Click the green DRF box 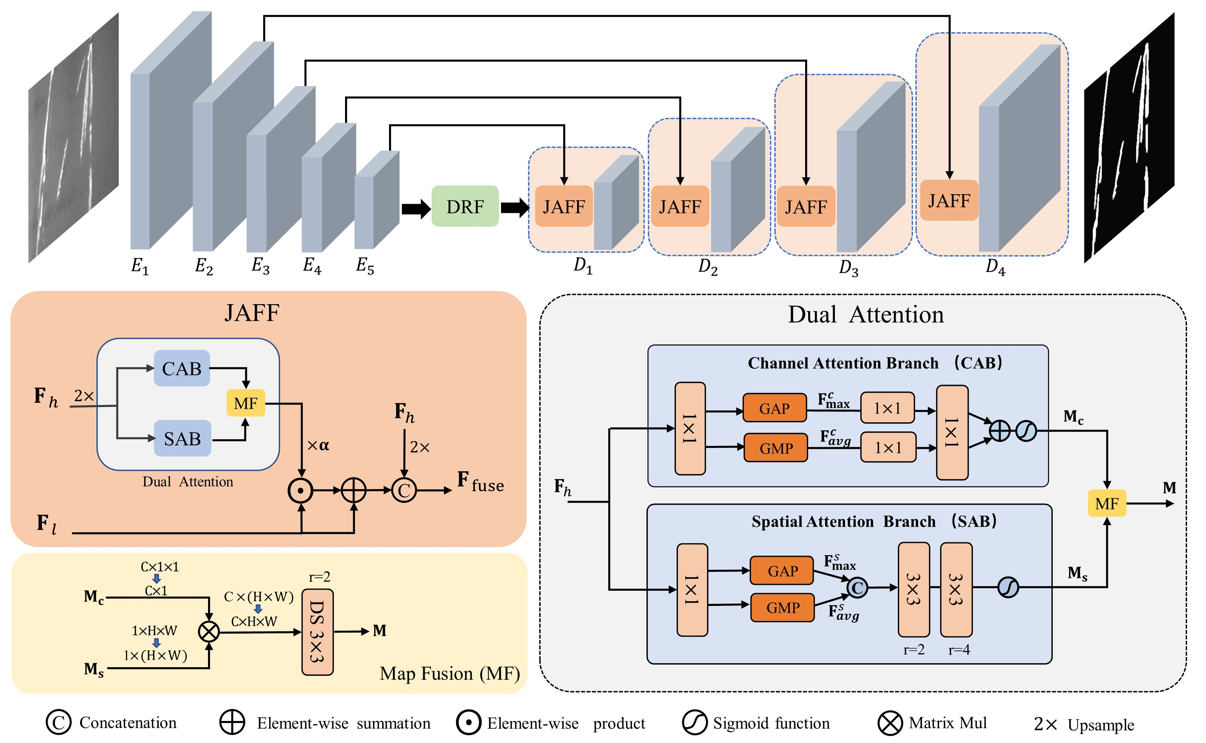pyautogui.click(x=465, y=206)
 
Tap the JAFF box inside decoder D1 pyautogui.click(x=564, y=206)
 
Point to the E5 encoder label pyautogui.click(x=365, y=266)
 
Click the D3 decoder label pyautogui.click(x=848, y=268)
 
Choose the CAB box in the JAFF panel pyautogui.click(x=182, y=368)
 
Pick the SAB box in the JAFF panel pyautogui.click(x=182, y=438)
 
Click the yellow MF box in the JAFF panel pyautogui.click(x=246, y=403)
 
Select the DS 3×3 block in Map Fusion pyautogui.click(x=317, y=632)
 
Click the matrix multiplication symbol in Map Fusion pyautogui.click(x=209, y=631)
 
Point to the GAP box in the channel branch pyautogui.click(x=774, y=408)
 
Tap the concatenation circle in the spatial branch pyautogui.click(x=857, y=588)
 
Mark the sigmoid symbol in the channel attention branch pyautogui.click(x=1026, y=431)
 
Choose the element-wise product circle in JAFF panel pyautogui.click(x=301, y=490)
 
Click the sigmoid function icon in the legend pyautogui.click(x=695, y=722)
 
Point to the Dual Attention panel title pyautogui.click(x=866, y=315)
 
